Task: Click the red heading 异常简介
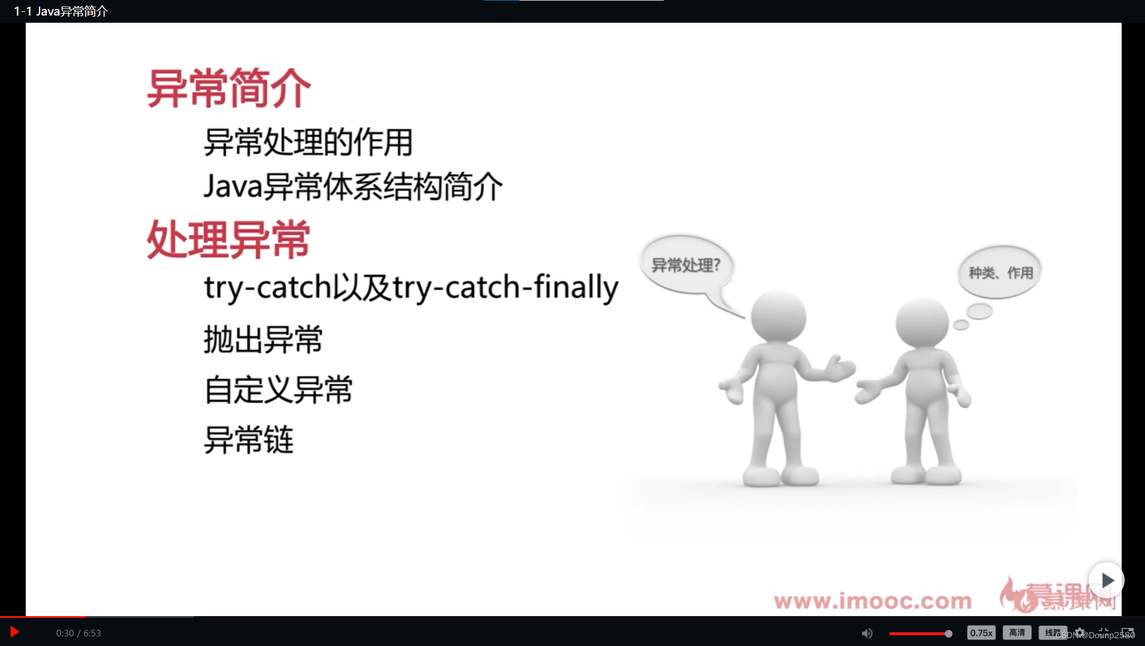[x=229, y=89]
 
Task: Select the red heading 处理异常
[x=229, y=239]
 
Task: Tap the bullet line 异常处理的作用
[x=308, y=142]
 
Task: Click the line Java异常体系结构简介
[x=353, y=187]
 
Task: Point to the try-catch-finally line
[x=411, y=287]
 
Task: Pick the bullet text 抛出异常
[x=263, y=340]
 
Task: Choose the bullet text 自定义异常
[x=279, y=390]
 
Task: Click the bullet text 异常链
[x=249, y=440]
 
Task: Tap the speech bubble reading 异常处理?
[x=685, y=265]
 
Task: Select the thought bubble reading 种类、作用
[x=1000, y=273]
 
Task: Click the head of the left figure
[x=778, y=318]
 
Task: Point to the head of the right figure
[x=922, y=324]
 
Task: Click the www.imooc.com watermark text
[x=872, y=601]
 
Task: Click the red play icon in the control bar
[x=14, y=632]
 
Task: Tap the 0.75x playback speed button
[x=981, y=633]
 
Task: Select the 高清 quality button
[x=1016, y=633]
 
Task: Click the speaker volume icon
[x=867, y=633]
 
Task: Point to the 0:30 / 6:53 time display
[x=78, y=633]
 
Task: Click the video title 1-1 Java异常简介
[x=60, y=11]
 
